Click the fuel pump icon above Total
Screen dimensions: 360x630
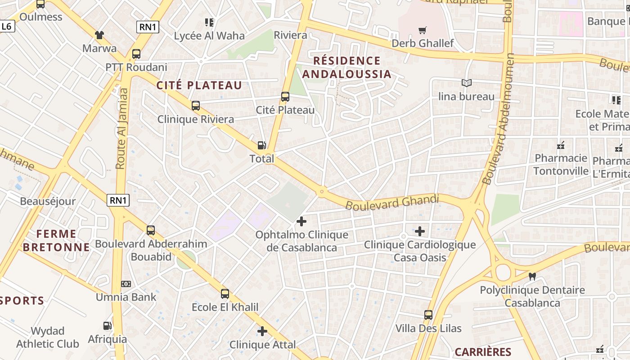pos(261,145)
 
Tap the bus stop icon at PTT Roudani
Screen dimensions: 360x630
pos(136,54)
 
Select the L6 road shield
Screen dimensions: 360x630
pos(7,27)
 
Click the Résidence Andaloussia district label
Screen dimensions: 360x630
pos(346,67)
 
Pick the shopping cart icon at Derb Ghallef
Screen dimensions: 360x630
pos(422,31)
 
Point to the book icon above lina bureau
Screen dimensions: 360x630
pos(466,83)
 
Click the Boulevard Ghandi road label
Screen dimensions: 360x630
pos(392,202)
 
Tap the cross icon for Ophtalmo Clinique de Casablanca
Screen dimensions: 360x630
pos(301,221)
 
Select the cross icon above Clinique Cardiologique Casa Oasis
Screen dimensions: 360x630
pos(419,231)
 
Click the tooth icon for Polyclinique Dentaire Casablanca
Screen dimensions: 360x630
pos(532,276)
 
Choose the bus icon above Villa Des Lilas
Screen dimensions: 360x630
pos(428,315)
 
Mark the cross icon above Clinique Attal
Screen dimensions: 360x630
pos(262,332)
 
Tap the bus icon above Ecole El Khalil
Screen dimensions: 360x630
pos(225,294)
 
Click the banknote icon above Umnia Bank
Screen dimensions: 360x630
pos(126,284)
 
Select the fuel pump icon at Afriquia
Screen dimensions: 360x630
pos(107,326)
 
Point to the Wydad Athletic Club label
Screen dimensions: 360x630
pos(48,337)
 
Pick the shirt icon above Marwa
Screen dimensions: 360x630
pos(99,35)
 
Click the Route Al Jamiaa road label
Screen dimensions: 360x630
pos(122,128)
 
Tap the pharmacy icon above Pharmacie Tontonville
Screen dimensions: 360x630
pos(561,145)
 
